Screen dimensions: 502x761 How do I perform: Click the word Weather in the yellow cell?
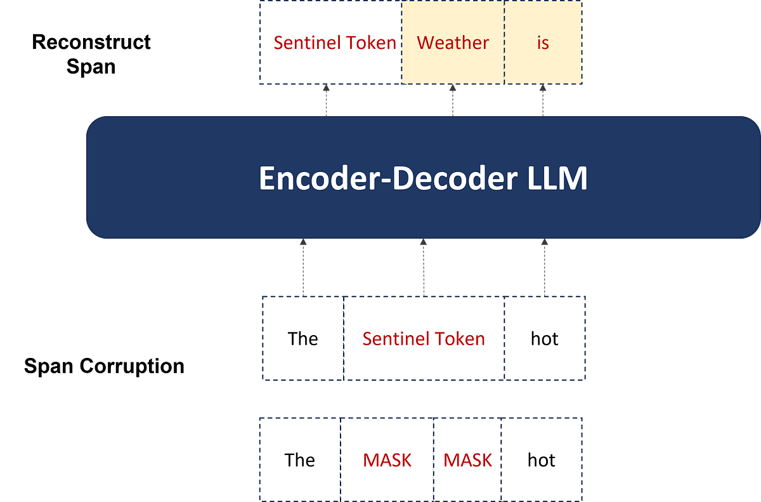453,43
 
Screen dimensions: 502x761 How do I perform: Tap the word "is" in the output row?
543,43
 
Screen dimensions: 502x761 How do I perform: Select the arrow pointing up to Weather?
453,100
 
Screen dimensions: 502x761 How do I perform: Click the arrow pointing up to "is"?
543,100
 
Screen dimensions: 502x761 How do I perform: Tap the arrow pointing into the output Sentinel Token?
327,100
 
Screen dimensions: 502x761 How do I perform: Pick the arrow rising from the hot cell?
544,267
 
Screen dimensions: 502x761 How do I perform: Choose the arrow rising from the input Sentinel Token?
423,267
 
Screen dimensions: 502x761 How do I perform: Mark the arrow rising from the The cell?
303,267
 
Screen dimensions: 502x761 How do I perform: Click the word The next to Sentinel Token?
302,339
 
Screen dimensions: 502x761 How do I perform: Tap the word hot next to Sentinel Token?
544,339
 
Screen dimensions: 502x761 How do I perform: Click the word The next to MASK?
299,460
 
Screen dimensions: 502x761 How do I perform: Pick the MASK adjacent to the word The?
387,460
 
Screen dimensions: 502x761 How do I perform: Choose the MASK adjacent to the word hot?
467,460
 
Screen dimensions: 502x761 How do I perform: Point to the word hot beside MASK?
541,460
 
